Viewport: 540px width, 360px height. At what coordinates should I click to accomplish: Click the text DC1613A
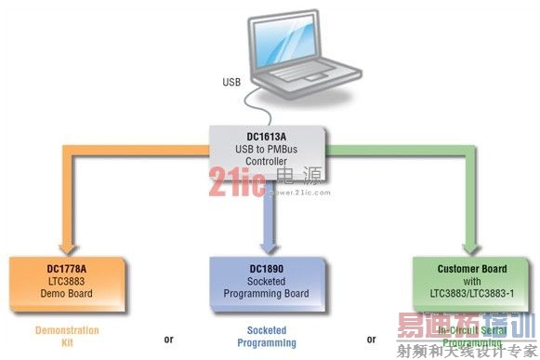(x=267, y=134)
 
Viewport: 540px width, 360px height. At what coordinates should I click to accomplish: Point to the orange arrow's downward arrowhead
(x=71, y=243)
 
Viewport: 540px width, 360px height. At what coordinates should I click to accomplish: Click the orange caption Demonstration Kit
(x=66, y=336)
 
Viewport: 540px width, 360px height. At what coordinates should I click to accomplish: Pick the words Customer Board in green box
(x=472, y=270)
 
